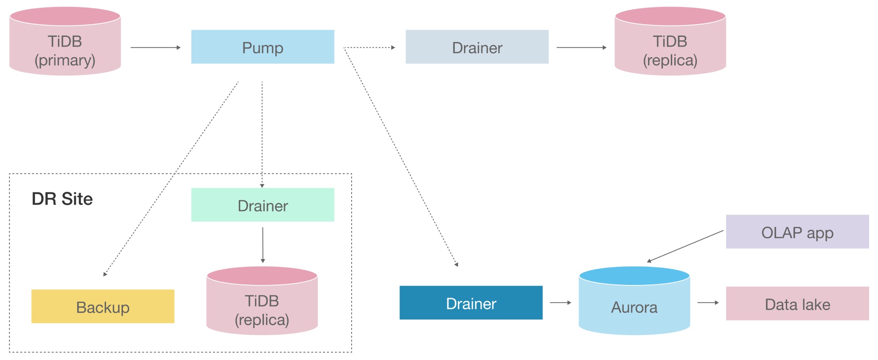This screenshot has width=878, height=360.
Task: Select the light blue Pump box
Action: pos(263,47)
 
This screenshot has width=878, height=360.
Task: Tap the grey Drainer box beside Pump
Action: pos(477,47)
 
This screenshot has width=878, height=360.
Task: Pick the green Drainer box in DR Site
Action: pos(263,205)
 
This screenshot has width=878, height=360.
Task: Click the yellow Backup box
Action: pos(103,306)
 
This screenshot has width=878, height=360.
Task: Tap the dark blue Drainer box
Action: pos(471,303)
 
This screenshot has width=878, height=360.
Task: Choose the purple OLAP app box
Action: pos(797,232)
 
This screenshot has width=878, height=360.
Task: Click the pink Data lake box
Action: pos(797,304)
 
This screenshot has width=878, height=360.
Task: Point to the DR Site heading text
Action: pos(62,199)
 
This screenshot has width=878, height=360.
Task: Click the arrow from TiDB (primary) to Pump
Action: pos(155,47)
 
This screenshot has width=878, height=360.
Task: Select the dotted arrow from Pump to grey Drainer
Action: pos(369,47)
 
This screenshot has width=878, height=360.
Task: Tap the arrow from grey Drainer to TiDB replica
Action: pos(581,47)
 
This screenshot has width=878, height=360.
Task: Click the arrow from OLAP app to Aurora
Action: pos(685,246)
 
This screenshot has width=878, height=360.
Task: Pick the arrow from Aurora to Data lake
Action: pos(708,302)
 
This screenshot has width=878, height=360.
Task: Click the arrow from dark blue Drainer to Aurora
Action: pos(560,302)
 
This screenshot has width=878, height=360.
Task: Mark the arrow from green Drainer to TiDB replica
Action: pos(263,245)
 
